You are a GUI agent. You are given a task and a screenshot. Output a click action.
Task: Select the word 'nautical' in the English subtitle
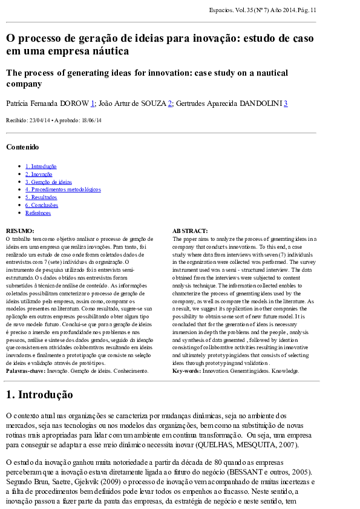(270, 73)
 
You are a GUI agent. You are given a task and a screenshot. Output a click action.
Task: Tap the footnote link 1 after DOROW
(93, 103)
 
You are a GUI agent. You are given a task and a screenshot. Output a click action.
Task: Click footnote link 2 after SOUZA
(170, 103)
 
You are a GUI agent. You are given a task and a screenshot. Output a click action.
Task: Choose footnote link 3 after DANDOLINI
(286, 103)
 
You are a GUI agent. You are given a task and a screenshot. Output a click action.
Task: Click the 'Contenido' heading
(22, 147)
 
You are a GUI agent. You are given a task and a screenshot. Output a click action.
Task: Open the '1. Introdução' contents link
(41, 166)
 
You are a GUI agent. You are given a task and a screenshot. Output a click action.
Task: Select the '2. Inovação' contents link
(39, 174)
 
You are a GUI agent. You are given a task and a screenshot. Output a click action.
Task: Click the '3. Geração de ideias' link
(48, 182)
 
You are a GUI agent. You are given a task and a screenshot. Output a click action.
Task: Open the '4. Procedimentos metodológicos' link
(63, 189)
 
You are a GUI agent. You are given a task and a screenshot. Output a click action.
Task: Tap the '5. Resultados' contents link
(41, 197)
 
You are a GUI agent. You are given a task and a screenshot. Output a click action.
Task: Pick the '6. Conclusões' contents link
(42, 205)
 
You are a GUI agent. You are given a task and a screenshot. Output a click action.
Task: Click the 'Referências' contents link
(38, 213)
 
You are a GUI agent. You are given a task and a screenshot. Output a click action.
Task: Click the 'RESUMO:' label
(20, 231)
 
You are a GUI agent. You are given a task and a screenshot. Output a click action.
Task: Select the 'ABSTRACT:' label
(190, 231)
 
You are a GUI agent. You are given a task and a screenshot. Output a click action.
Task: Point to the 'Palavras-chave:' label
(25, 370)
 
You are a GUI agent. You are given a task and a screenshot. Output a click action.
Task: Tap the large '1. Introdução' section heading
(39, 395)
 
